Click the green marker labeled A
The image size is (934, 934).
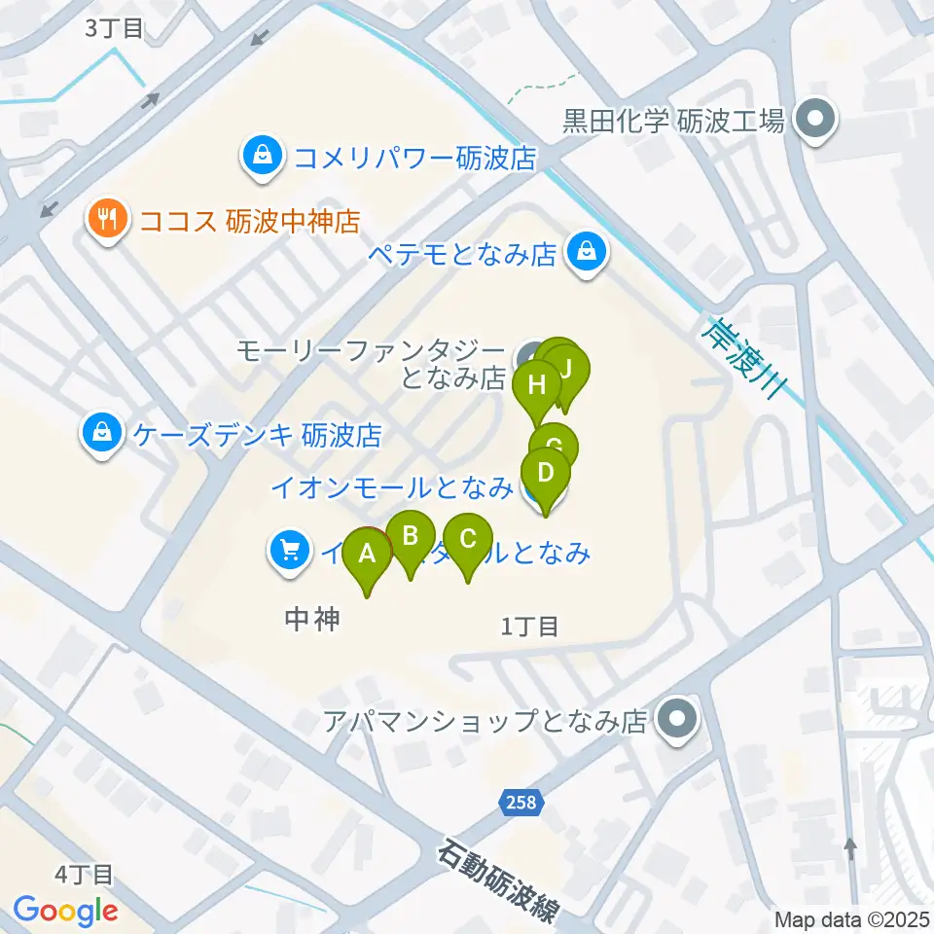[368, 555]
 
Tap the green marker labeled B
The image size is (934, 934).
[410, 536]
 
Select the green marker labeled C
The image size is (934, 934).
[468, 539]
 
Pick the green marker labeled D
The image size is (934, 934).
[546, 474]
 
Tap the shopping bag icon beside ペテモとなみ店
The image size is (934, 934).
[588, 253]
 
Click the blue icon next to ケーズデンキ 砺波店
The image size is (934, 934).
[102, 433]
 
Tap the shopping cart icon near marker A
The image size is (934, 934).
[289, 552]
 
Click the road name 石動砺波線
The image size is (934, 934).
[498, 882]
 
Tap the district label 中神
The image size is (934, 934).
[312, 619]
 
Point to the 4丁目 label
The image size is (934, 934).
[85, 875]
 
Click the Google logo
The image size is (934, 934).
[65, 911]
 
